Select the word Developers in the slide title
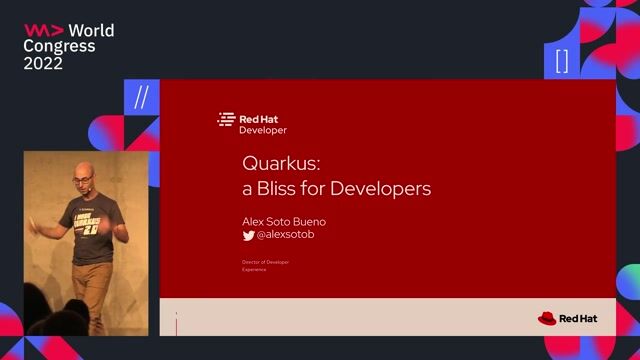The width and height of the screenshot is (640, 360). [388, 187]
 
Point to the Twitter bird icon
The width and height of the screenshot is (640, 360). [249, 236]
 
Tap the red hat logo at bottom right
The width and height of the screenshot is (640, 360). [547, 319]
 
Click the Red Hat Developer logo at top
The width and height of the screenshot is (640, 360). [253, 123]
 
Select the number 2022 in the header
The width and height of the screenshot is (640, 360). [44, 63]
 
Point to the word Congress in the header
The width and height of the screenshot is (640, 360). [59, 46]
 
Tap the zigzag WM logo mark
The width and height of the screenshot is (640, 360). [43, 30]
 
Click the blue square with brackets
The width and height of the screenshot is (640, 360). [562, 61]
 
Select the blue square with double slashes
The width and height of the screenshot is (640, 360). [141, 98]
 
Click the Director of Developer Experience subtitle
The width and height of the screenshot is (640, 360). [265, 265]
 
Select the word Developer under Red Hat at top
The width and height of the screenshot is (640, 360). [262, 130]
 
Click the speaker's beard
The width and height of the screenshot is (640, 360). [85, 193]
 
